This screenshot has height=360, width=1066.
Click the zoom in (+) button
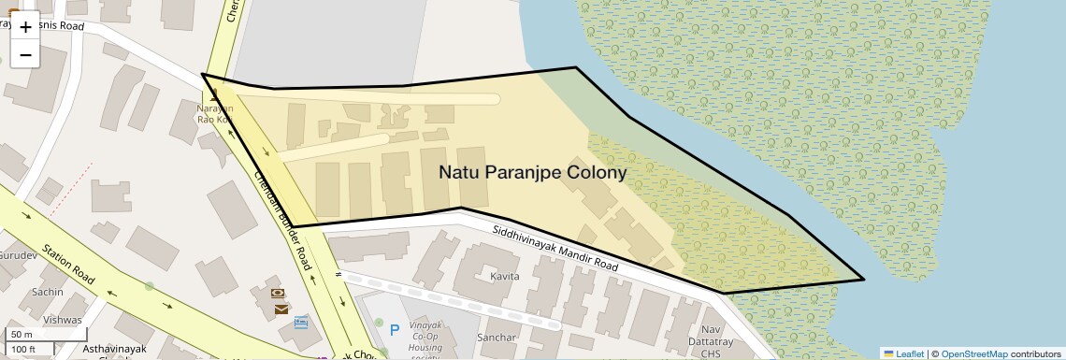tap(25, 27)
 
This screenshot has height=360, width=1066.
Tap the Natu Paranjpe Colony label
tap(533, 172)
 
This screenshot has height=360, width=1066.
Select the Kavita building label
tap(505, 277)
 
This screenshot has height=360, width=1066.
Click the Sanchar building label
tap(497, 337)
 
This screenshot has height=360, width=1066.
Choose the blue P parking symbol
tap(395, 329)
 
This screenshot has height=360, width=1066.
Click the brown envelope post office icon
tap(281, 309)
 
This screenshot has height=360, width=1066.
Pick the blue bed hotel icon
tap(301, 323)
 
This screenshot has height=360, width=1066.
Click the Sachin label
tap(47, 292)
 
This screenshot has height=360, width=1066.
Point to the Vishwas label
tap(63, 320)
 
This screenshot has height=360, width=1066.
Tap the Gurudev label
tap(17, 254)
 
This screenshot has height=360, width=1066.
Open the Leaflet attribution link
tap(904, 353)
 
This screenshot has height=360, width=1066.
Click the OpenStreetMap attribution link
tap(973, 353)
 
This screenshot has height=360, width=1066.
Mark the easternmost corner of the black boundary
tap(863, 279)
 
